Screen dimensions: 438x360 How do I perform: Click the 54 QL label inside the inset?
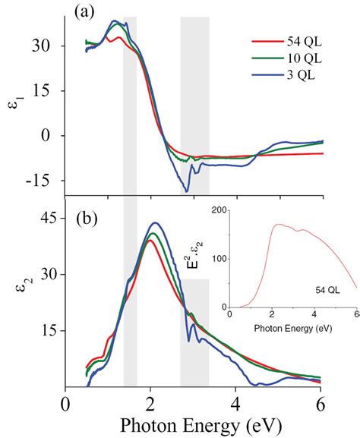(x=330, y=289)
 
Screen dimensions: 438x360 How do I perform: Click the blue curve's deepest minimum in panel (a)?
(x=187, y=191)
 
